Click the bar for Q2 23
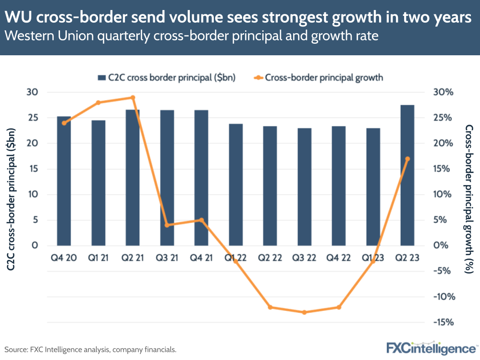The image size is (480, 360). click(407, 175)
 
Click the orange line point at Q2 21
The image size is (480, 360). click(133, 98)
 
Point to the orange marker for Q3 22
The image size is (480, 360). click(304, 312)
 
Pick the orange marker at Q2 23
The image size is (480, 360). click(407, 159)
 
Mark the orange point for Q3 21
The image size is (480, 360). click(167, 225)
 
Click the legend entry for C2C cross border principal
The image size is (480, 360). click(166, 77)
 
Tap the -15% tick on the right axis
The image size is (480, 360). click(443, 322)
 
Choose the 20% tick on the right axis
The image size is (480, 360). click(443, 143)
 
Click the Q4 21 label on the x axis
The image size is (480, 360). click(201, 258)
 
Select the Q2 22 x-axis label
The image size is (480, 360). click(270, 258)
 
